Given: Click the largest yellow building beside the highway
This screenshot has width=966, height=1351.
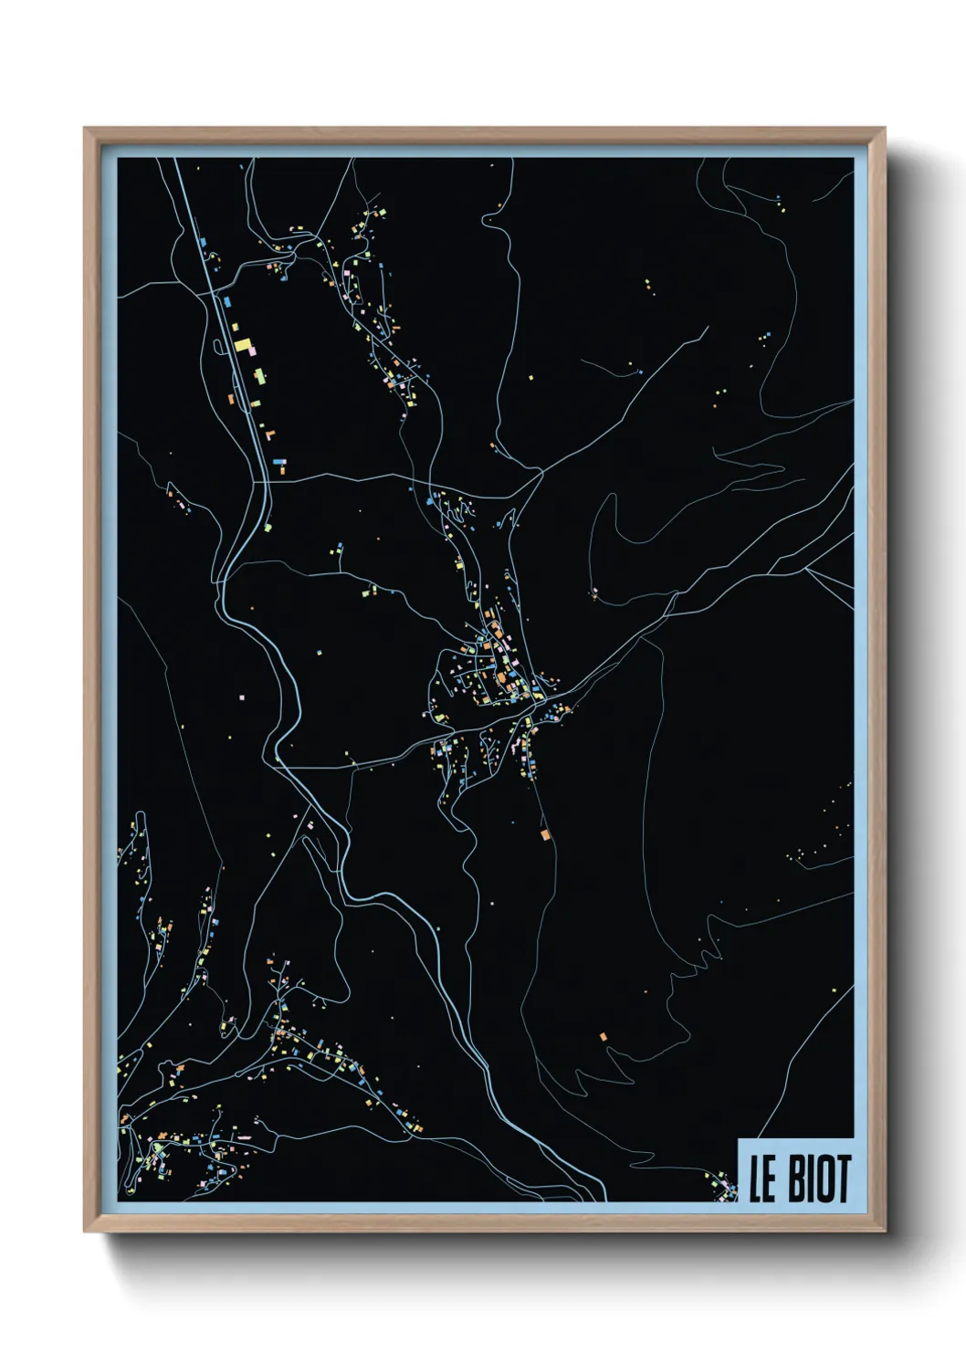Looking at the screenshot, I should coord(243,346).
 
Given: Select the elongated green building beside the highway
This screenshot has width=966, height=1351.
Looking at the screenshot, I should coord(259,375).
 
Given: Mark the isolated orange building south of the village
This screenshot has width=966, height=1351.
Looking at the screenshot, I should coord(545,834).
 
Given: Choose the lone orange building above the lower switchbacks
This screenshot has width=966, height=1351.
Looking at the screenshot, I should coord(603,1037).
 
